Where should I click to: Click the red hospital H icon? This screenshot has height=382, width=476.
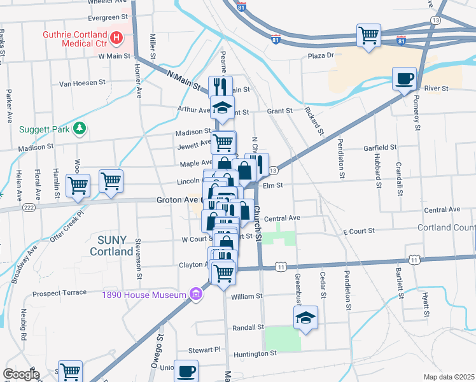click(x=116, y=38)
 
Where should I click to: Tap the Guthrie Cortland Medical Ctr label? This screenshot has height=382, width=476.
click(x=73, y=38)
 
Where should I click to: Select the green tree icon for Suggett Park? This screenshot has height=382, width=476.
click(x=80, y=129)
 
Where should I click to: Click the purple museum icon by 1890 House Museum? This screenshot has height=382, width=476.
click(x=197, y=294)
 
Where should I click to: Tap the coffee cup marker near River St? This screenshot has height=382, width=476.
click(x=404, y=79)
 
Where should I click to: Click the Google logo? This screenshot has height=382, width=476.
click(x=21, y=374)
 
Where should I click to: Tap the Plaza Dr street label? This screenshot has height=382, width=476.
click(x=321, y=55)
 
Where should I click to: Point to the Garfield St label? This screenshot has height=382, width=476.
click(x=380, y=147)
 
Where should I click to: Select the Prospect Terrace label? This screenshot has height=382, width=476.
click(x=59, y=294)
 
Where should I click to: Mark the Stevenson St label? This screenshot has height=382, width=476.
click(x=138, y=258)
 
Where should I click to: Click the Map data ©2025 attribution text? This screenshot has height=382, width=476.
click(x=449, y=377)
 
